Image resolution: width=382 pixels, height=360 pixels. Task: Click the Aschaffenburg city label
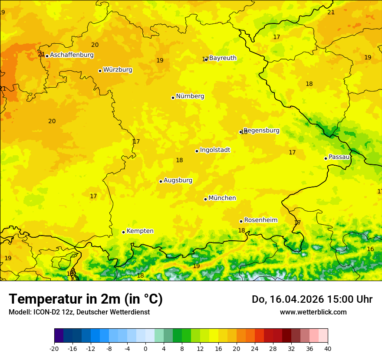(72, 55)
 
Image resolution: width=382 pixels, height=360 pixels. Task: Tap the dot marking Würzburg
(100, 71)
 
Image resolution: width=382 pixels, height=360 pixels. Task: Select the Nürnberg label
(190, 96)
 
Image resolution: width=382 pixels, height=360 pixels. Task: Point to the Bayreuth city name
(223, 58)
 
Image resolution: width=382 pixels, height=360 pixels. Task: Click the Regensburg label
(262, 131)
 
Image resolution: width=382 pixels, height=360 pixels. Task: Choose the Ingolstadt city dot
(197, 151)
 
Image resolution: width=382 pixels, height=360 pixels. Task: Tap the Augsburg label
(178, 180)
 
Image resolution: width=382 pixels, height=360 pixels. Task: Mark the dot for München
(205, 199)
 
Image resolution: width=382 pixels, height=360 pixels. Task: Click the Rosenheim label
(260, 220)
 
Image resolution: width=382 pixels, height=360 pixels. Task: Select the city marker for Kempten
(123, 232)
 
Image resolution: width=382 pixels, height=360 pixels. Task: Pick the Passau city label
(339, 157)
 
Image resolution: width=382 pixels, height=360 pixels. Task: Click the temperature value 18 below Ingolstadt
(179, 160)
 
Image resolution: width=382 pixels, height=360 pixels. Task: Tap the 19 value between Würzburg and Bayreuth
(160, 61)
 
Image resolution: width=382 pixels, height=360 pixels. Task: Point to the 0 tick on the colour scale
(145, 349)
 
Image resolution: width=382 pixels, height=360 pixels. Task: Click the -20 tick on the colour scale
(54, 349)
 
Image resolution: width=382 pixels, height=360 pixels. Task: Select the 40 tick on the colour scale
(328, 349)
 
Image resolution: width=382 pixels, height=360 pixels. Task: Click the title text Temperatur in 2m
(86, 299)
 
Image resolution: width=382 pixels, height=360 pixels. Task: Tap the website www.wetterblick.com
(313, 312)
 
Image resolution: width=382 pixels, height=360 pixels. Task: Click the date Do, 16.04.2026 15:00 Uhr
(312, 299)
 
